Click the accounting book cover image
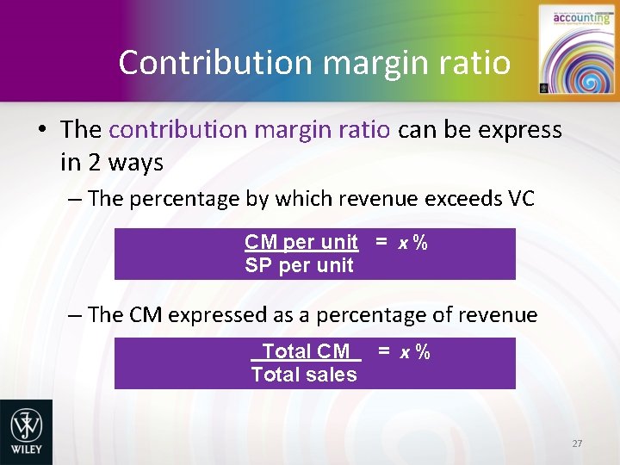(570, 50)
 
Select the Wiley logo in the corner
(26, 431)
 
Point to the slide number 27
(577, 443)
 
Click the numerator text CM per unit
(301, 243)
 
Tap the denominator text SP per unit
(299, 265)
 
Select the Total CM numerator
(306, 351)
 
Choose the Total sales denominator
(303, 375)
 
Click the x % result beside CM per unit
(412, 243)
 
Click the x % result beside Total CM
(414, 351)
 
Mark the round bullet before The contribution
(40, 131)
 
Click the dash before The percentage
(75, 199)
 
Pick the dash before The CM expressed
(75, 315)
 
